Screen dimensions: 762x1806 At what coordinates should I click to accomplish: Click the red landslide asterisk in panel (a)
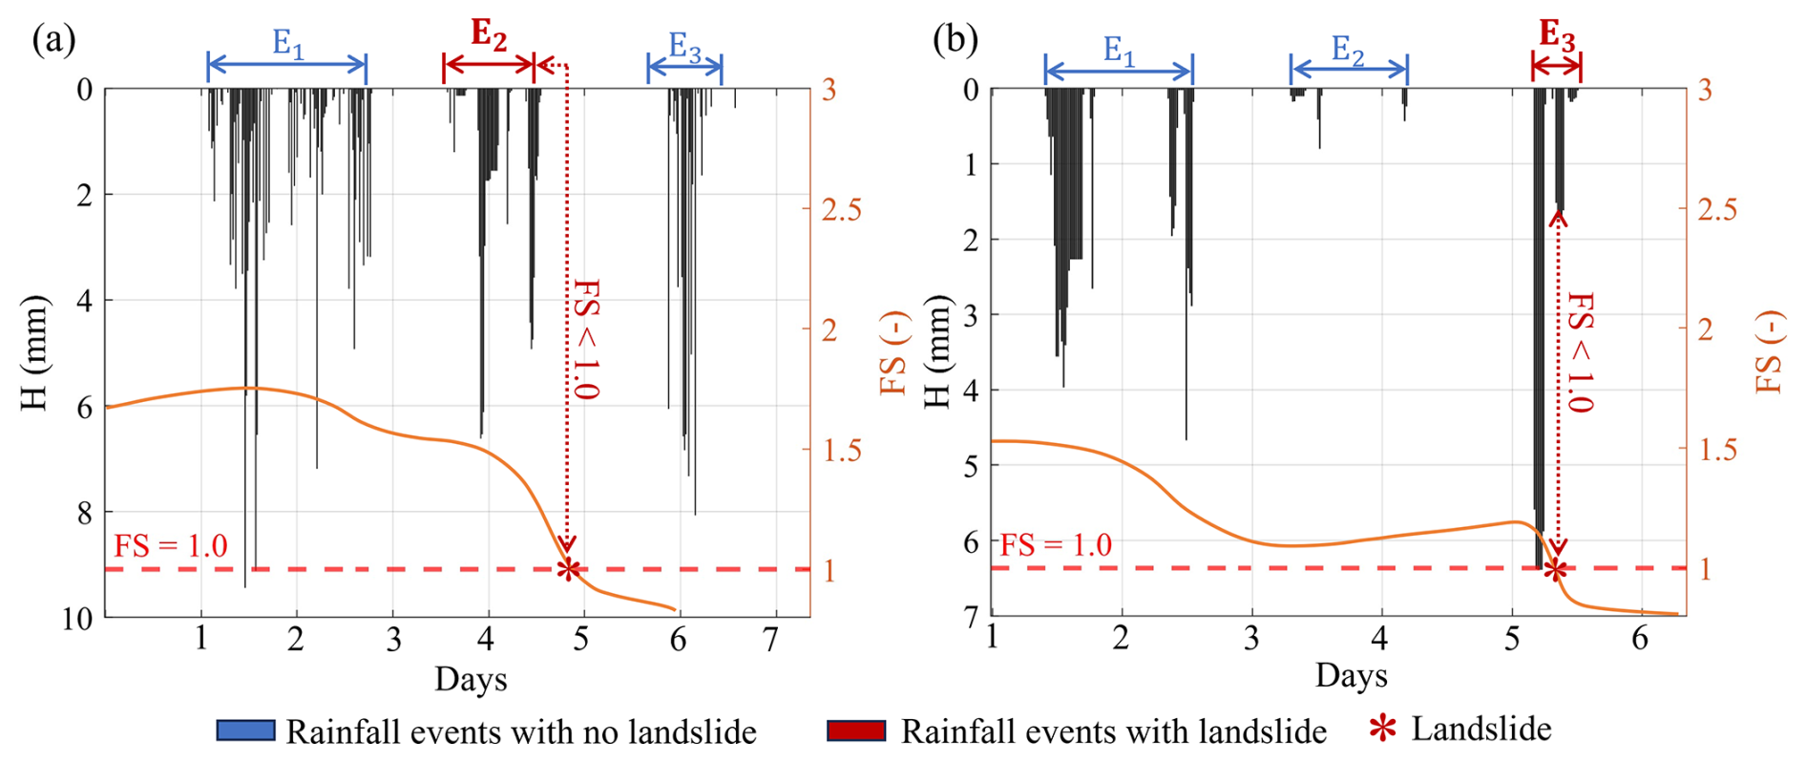click(569, 569)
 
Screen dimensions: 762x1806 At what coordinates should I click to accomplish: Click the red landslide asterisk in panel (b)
click(1556, 570)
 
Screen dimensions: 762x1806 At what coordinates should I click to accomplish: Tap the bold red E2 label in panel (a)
click(489, 35)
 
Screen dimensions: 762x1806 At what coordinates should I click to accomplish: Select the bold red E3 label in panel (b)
click(1557, 36)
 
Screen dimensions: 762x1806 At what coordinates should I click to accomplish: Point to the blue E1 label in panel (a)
click(288, 43)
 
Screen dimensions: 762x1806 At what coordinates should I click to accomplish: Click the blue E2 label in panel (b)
click(1348, 50)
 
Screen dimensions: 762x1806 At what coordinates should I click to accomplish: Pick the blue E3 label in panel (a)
click(684, 46)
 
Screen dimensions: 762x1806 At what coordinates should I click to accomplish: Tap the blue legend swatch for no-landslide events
click(245, 731)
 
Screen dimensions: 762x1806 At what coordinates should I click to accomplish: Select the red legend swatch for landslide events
click(856, 731)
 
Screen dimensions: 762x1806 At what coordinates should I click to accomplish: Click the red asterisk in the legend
click(1382, 730)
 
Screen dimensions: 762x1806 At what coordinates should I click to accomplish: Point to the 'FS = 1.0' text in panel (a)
click(171, 545)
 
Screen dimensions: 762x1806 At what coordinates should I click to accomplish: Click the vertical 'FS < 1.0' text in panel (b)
click(1581, 352)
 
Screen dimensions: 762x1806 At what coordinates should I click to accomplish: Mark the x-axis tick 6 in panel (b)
click(1640, 638)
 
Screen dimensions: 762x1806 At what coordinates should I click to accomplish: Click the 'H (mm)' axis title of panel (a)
click(34, 353)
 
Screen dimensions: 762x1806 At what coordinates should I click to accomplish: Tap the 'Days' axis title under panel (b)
click(1351, 675)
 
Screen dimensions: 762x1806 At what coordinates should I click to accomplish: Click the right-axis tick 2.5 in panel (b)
click(1717, 209)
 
